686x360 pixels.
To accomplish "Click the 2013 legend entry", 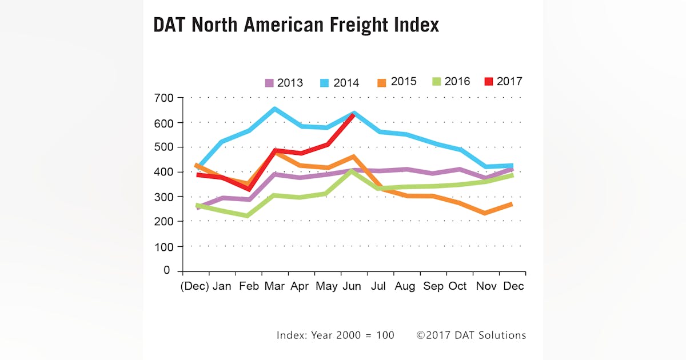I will click(x=284, y=82).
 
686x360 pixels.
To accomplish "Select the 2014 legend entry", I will click(x=340, y=83).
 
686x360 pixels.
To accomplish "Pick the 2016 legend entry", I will click(x=450, y=82).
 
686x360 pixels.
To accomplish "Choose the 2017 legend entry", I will click(x=504, y=81).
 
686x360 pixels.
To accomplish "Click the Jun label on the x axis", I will click(x=351, y=286).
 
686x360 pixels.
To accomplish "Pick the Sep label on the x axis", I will click(x=433, y=286).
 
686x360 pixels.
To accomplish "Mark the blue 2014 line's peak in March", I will click(x=275, y=109).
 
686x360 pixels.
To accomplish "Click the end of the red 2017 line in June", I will click(x=354, y=115).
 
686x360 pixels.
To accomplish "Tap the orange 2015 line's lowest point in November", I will click(x=485, y=213).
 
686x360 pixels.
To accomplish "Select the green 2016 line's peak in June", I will click(x=354, y=170).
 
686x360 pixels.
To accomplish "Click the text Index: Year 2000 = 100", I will click(x=335, y=335).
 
